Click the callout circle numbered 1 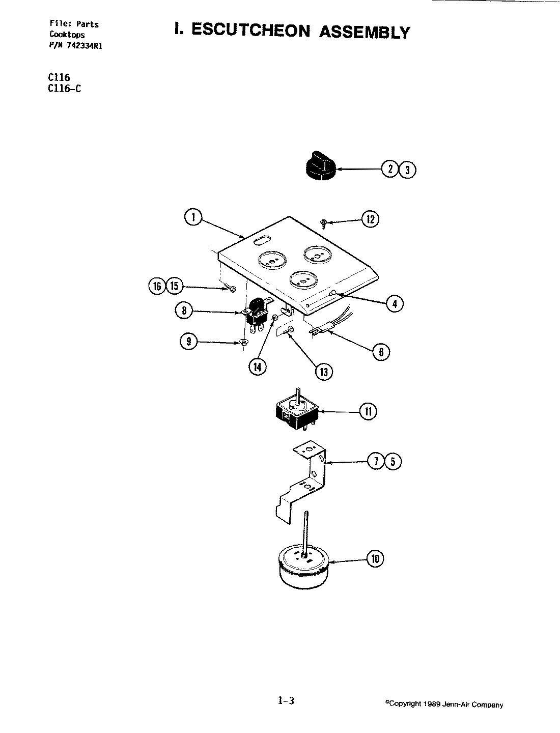pos(192,217)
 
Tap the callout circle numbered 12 pos(370,219)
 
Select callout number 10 pos(375,559)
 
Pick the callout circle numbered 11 pos(368,411)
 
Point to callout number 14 pos(257,366)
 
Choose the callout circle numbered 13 pos(323,372)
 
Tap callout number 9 pos(189,342)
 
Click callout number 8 pos(184,311)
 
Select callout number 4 pos(395,304)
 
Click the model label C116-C pos(63,88)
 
